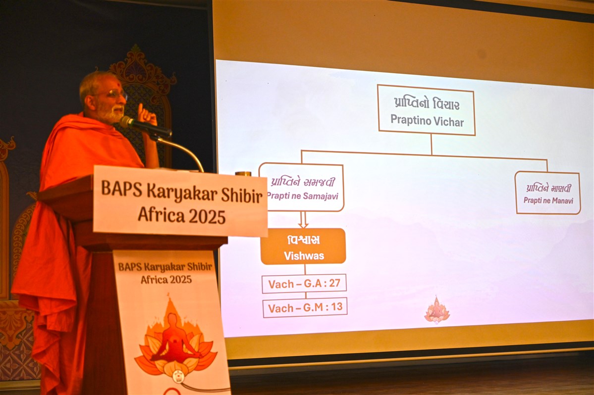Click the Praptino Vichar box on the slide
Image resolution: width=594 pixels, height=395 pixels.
426,110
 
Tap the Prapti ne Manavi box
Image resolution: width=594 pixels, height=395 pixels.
548,193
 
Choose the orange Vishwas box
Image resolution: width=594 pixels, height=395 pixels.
303,247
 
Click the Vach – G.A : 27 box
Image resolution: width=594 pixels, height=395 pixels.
304,284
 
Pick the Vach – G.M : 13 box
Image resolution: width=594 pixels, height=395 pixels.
305,307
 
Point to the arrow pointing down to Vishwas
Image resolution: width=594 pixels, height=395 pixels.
303,220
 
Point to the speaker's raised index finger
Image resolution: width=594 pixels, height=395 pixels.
140,109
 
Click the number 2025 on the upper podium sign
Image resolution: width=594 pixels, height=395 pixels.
207,216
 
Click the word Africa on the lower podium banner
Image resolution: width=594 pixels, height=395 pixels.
154,280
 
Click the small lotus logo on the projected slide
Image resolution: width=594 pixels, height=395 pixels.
437,310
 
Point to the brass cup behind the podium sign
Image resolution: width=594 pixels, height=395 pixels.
243,174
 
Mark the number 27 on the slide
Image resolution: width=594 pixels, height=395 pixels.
334,283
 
